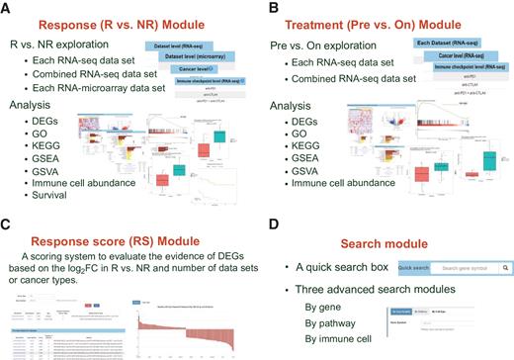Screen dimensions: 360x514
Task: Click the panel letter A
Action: (7, 7)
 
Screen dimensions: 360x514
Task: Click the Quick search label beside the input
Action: (413, 268)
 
